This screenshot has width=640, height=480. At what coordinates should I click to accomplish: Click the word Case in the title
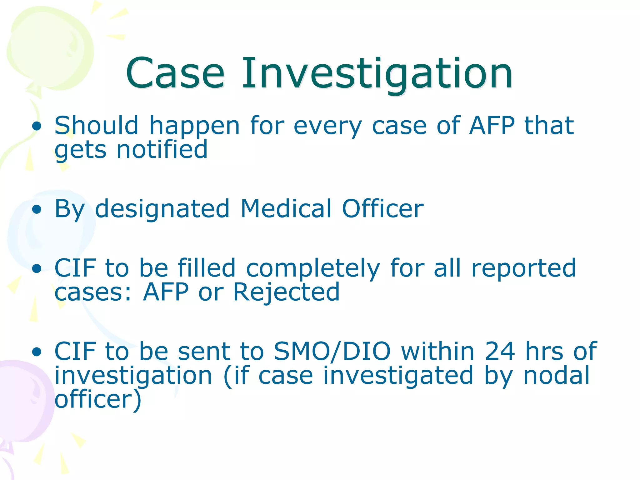click(175, 73)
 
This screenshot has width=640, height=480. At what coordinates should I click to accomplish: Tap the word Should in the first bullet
click(96, 125)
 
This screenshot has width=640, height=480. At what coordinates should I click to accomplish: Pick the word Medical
click(286, 208)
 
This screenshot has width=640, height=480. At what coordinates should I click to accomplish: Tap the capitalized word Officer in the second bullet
click(382, 208)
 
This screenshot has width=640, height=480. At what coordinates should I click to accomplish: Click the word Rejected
click(286, 292)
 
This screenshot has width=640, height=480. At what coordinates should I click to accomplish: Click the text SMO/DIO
click(332, 351)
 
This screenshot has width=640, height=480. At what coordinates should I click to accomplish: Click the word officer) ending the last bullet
click(98, 399)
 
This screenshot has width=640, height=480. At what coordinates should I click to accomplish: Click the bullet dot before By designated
click(37, 209)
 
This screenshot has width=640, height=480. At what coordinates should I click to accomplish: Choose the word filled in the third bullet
click(206, 268)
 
